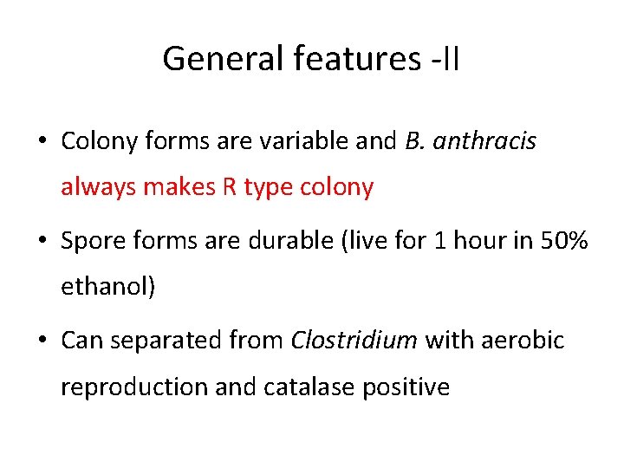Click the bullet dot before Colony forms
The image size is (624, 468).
click(x=43, y=141)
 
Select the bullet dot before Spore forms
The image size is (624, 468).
click(x=43, y=241)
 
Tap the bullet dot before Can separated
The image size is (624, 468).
click(x=43, y=341)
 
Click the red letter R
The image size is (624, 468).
click(x=229, y=187)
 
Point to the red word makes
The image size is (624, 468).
click(x=180, y=187)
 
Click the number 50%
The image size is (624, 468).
click(x=565, y=241)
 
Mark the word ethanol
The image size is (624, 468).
click(x=105, y=287)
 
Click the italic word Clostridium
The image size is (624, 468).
click(x=354, y=341)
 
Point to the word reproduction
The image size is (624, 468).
click(x=133, y=387)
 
